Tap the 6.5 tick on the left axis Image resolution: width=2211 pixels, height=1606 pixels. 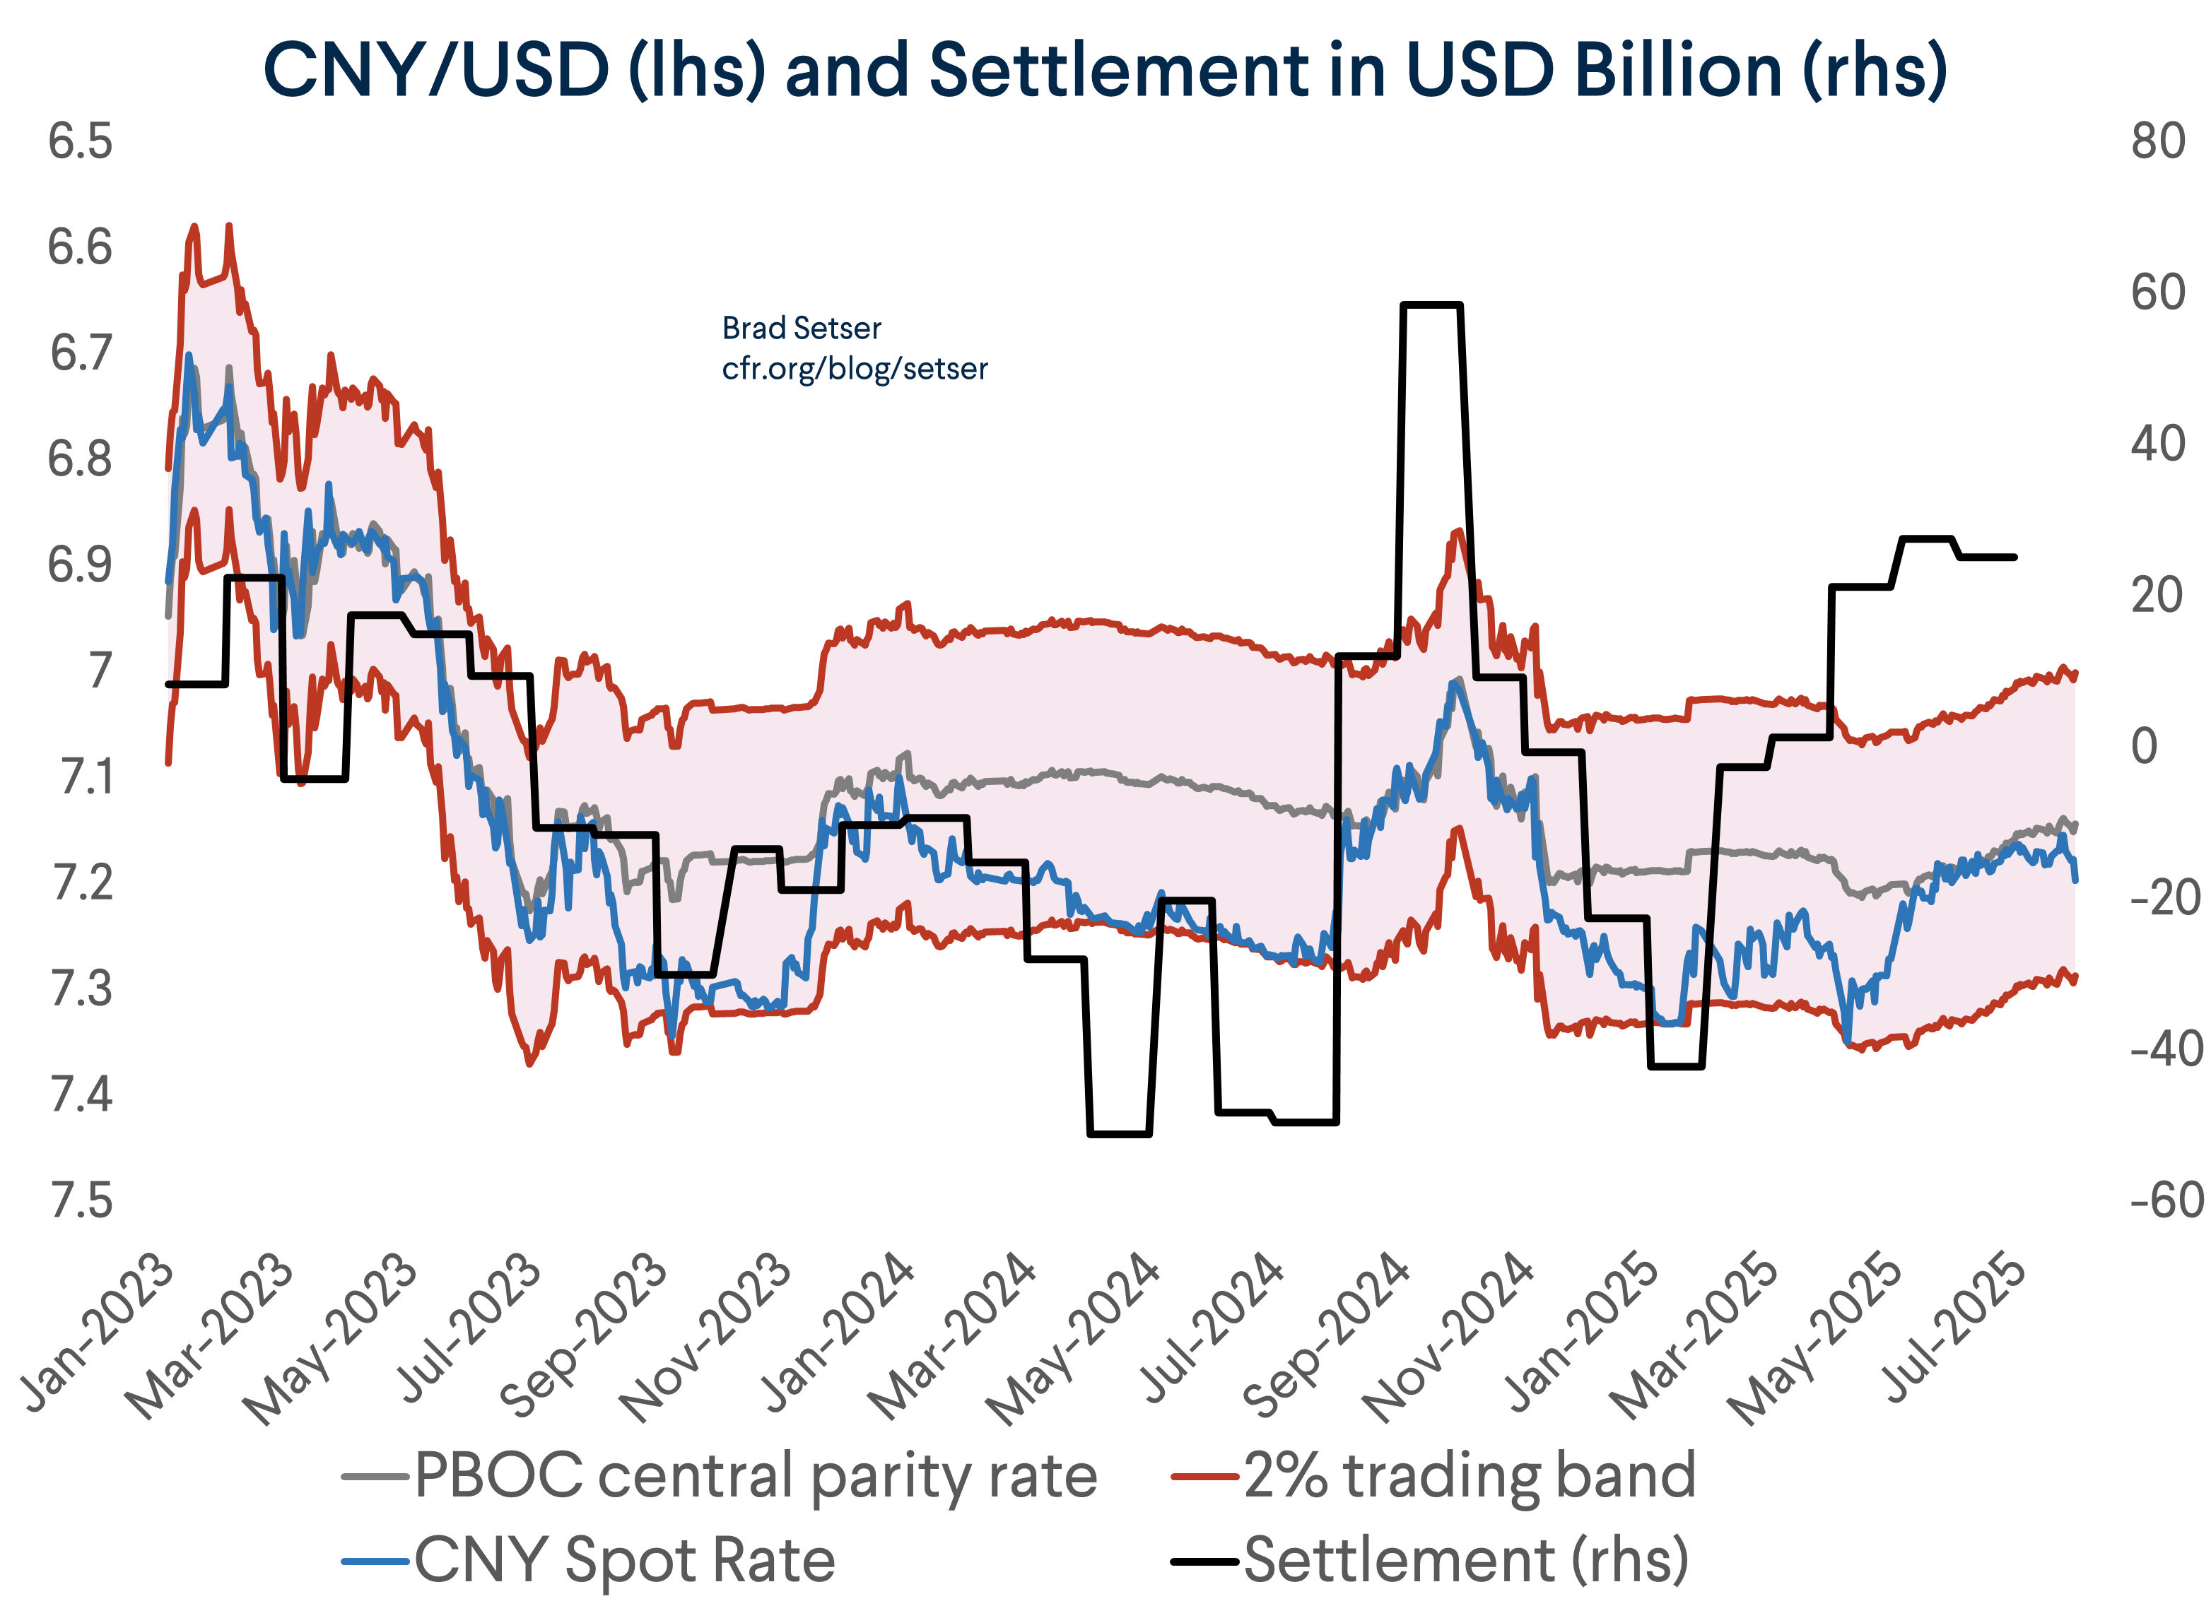click(80, 142)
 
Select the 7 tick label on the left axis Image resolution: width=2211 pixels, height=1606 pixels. click(100, 671)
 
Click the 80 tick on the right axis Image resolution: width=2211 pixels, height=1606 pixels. click(2157, 142)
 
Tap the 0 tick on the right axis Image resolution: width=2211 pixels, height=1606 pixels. click(2145, 748)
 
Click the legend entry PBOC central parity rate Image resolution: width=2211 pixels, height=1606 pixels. click(756, 1477)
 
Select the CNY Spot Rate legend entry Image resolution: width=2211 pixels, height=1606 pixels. click(624, 1560)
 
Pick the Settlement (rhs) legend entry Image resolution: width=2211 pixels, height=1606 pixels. click(1465, 1560)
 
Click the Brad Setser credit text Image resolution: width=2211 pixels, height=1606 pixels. click(802, 329)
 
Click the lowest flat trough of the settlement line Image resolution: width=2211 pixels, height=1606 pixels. click(1119, 1133)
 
